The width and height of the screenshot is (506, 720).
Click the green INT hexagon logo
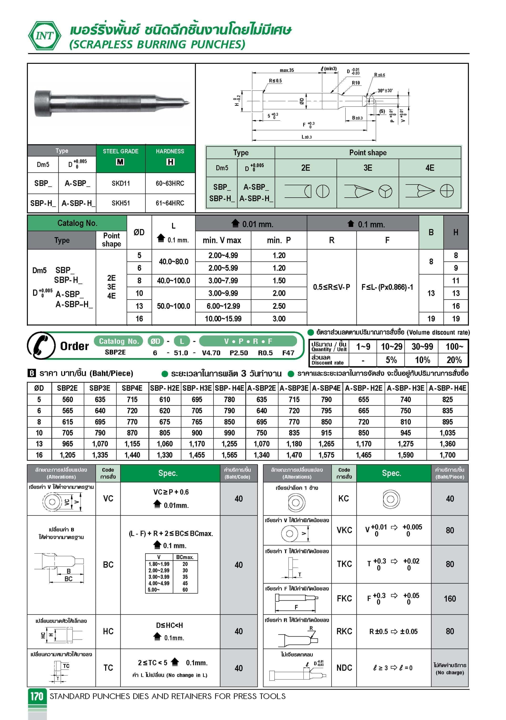(x=45, y=36)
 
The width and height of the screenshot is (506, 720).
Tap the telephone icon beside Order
(x=41, y=345)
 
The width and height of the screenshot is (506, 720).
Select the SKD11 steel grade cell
(x=121, y=183)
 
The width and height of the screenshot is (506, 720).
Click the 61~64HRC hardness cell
(x=170, y=203)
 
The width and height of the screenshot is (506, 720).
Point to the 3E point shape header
(x=367, y=168)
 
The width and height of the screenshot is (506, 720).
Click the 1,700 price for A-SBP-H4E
(x=447, y=455)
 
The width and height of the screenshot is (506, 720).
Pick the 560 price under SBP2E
(x=67, y=400)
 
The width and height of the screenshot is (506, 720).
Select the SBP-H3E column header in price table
(x=197, y=388)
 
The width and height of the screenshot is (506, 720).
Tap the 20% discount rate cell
(x=454, y=360)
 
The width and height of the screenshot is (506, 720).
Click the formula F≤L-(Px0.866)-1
(x=387, y=287)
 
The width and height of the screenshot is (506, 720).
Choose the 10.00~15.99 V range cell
(x=223, y=319)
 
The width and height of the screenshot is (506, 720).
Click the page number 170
(x=37, y=696)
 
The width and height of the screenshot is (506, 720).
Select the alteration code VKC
(x=344, y=530)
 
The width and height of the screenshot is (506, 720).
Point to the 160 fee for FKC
(x=450, y=599)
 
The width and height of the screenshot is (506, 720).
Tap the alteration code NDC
(x=344, y=668)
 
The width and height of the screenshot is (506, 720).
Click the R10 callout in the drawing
(x=356, y=83)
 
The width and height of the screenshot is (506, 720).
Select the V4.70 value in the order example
(x=211, y=353)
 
